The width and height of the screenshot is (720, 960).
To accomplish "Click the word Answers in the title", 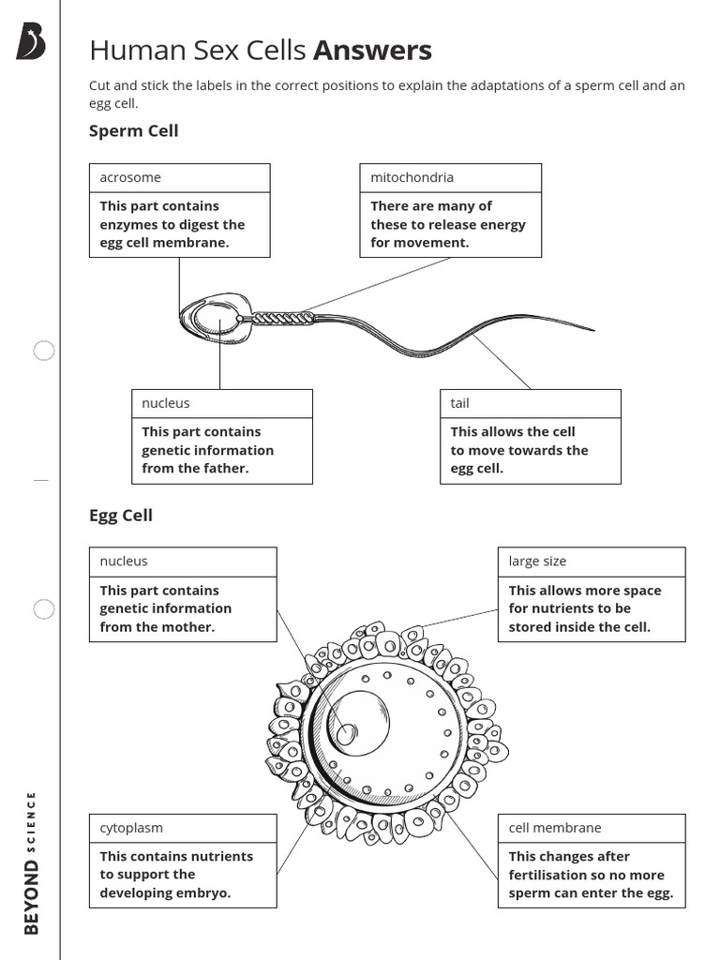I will click(372, 50).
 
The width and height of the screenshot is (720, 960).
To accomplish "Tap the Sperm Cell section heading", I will click(133, 130).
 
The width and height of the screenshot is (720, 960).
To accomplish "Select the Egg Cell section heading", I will click(120, 515).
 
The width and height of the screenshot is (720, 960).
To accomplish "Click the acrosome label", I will click(130, 177).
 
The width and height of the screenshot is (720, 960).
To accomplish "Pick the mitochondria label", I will click(412, 177).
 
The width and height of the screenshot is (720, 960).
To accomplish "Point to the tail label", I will click(459, 403).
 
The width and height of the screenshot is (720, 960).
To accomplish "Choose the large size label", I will click(537, 562).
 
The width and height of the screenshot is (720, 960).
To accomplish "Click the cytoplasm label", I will click(131, 828).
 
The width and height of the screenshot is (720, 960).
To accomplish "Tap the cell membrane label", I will click(555, 828).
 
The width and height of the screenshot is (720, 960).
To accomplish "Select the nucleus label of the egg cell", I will click(124, 562).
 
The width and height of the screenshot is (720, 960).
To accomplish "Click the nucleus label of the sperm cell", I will click(166, 403).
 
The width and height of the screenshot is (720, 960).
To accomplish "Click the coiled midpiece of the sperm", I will click(281, 318).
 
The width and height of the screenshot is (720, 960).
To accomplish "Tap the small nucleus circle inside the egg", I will click(347, 734).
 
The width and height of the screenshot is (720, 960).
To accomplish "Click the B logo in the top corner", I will click(30, 43).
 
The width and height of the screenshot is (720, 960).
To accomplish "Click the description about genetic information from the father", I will click(207, 450).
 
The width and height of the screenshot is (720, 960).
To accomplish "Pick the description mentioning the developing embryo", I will click(176, 874).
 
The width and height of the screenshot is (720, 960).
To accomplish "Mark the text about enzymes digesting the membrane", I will click(172, 224).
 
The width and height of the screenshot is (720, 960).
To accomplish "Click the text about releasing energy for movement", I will click(448, 224).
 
